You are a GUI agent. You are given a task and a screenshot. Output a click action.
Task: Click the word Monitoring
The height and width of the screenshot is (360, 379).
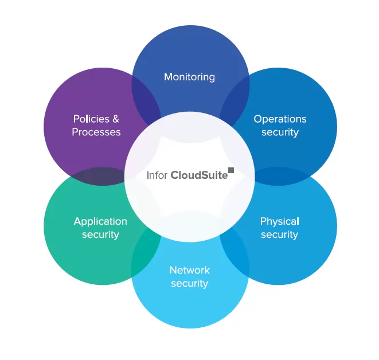(x=189, y=77)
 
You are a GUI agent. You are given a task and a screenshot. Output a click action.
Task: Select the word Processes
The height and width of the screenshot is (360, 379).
(x=96, y=132)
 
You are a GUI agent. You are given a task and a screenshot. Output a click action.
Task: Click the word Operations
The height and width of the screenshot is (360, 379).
(x=280, y=119)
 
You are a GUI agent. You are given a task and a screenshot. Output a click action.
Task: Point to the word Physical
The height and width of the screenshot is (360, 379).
(x=279, y=221)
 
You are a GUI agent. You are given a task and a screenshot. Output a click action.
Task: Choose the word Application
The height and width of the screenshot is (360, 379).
(x=100, y=221)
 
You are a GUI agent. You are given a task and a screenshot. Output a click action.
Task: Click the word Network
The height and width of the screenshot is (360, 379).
(x=189, y=270)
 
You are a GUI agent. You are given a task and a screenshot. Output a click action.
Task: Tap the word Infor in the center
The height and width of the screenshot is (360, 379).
(x=157, y=175)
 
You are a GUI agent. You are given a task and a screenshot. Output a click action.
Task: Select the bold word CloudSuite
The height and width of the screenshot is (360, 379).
(x=198, y=175)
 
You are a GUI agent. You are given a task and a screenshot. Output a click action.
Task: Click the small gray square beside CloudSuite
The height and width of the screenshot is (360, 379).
(x=231, y=170)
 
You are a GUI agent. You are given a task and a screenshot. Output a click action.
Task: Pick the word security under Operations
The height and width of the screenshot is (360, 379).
(x=280, y=132)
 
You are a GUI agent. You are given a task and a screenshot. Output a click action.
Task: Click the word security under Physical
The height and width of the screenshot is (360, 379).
(x=279, y=234)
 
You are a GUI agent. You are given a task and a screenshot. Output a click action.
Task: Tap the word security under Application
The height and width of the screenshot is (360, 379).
(x=100, y=234)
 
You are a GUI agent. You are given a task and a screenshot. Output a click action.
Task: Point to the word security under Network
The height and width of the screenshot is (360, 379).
(x=189, y=283)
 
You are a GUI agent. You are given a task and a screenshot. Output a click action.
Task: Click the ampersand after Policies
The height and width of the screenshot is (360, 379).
(x=116, y=119)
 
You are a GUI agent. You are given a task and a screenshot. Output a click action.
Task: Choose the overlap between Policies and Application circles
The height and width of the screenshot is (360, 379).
(x=103, y=176)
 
